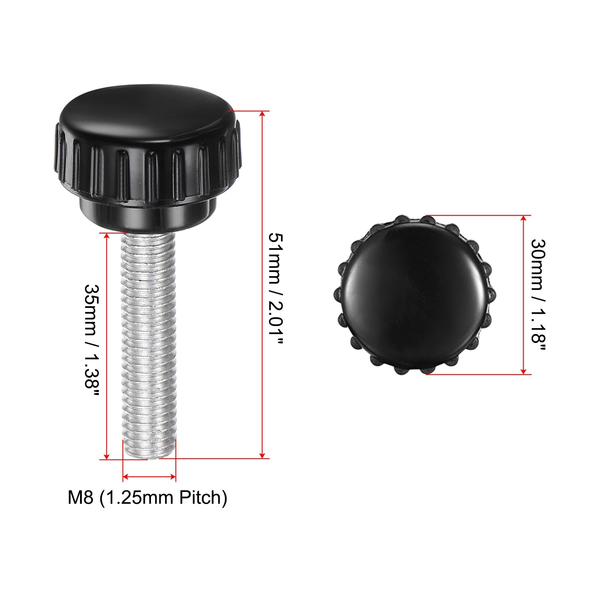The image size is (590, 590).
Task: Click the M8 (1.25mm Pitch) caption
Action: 147,497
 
